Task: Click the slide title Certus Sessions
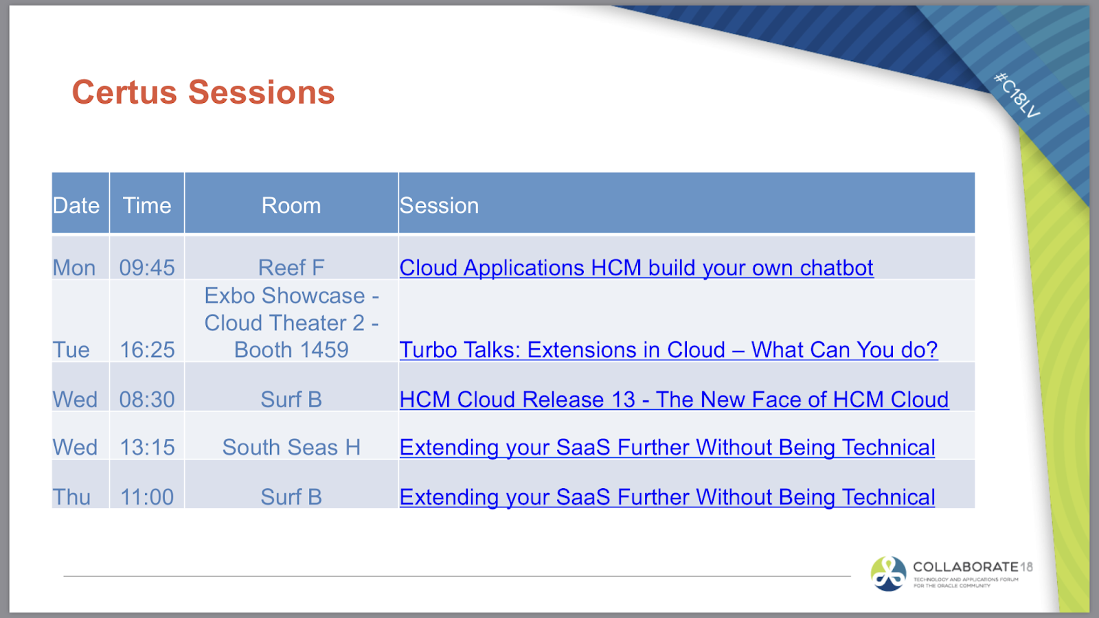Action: click(x=203, y=93)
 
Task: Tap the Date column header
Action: click(x=76, y=205)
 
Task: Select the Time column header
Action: click(x=147, y=205)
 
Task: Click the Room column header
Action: click(x=291, y=205)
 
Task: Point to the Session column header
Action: click(x=440, y=205)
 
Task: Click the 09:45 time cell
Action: click(x=147, y=267)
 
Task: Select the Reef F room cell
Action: click(x=291, y=267)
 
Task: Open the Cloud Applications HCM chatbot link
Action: click(x=636, y=267)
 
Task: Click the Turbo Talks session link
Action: click(x=668, y=350)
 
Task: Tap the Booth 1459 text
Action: click(x=291, y=350)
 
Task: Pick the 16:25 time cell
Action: click(x=147, y=350)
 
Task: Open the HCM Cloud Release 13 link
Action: click(x=674, y=399)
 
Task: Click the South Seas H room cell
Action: click(x=291, y=447)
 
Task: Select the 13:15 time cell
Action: click(x=147, y=447)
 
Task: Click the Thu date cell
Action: click(x=72, y=496)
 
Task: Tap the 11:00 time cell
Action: click(x=147, y=496)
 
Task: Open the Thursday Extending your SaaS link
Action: click(x=667, y=496)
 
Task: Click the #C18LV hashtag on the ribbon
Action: click(x=1017, y=95)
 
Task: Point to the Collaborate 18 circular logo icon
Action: click(x=889, y=574)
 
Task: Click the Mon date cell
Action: click(x=74, y=267)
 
